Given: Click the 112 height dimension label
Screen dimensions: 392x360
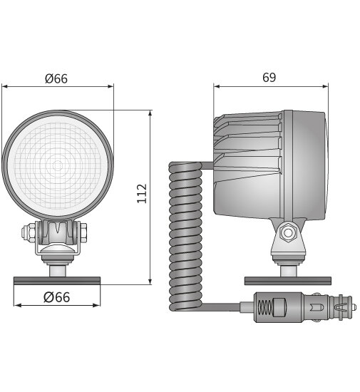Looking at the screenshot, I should (x=141, y=193).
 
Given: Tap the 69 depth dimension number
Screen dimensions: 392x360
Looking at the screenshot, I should (x=269, y=78).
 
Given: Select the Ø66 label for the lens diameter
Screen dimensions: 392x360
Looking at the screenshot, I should (x=56, y=78).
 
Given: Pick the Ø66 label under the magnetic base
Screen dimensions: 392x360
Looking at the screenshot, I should (x=56, y=296).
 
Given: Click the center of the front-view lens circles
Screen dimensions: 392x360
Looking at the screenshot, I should (x=56, y=166).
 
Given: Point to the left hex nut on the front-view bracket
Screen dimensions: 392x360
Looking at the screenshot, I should (x=29, y=232).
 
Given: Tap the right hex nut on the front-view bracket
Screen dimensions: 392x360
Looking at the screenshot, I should (x=83, y=232).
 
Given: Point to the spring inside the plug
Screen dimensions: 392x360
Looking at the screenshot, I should (x=265, y=309).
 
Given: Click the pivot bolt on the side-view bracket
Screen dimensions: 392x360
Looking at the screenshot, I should (x=288, y=232).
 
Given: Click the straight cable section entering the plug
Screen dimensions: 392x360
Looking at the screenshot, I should (x=225, y=308).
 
